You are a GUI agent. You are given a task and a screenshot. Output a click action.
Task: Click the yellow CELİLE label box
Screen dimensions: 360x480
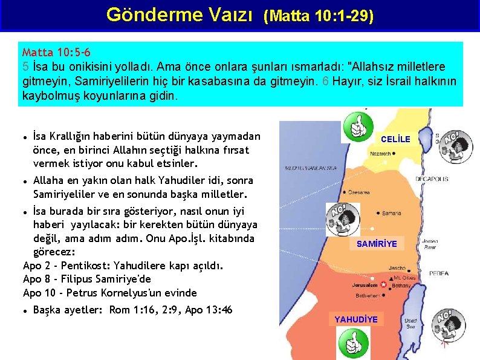point(395,139)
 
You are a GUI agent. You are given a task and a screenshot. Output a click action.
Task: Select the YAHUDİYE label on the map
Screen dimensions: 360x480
point(357,319)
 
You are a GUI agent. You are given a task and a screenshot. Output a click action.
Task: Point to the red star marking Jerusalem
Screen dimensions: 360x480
point(383,284)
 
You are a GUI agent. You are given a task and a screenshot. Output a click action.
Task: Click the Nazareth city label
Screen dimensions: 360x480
point(381,154)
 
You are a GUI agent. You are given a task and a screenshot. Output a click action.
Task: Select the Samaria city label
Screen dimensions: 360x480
point(391,213)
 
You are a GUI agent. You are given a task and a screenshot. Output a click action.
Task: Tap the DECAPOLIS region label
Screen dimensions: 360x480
point(431,179)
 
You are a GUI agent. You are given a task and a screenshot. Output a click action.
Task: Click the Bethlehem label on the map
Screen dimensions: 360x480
point(367,296)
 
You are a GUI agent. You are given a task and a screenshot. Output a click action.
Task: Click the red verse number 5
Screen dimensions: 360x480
point(25,65)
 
